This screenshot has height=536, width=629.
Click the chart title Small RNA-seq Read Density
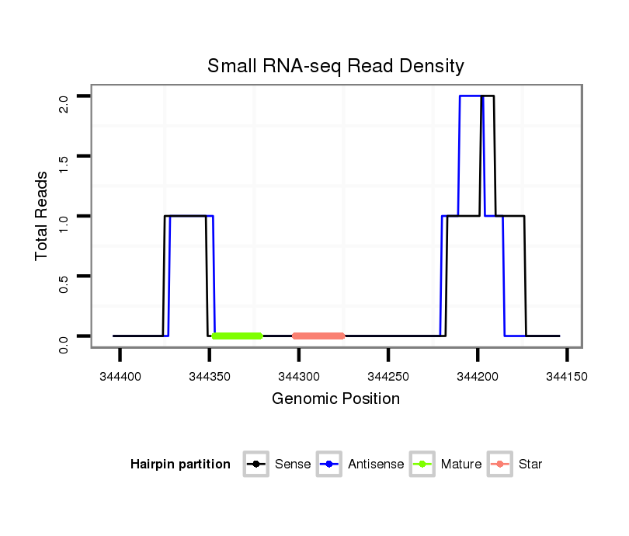(x=335, y=66)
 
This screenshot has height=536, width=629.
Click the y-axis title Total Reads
(x=43, y=216)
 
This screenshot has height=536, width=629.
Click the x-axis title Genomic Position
(x=335, y=399)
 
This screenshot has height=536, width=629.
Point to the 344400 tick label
(x=120, y=376)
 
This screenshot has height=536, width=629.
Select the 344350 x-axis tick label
(x=210, y=376)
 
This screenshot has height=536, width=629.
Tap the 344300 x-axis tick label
(x=299, y=376)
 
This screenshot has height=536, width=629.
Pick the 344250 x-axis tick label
(x=388, y=376)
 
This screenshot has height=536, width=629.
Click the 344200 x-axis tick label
(x=478, y=376)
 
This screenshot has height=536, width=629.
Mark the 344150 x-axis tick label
(x=567, y=376)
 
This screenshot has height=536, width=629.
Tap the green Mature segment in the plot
(x=238, y=336)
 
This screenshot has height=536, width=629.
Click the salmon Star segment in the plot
(x=318, y=336)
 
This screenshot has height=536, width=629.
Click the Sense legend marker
(x=255, y=465)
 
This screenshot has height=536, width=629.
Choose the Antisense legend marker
(x=329, y=465)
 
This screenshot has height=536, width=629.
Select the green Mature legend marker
(x=422, y=465)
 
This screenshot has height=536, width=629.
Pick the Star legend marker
(x=499, y=465)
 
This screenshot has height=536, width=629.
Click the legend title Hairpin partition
(x=180, y=465)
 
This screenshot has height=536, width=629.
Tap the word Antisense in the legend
(x=376, y=465)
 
